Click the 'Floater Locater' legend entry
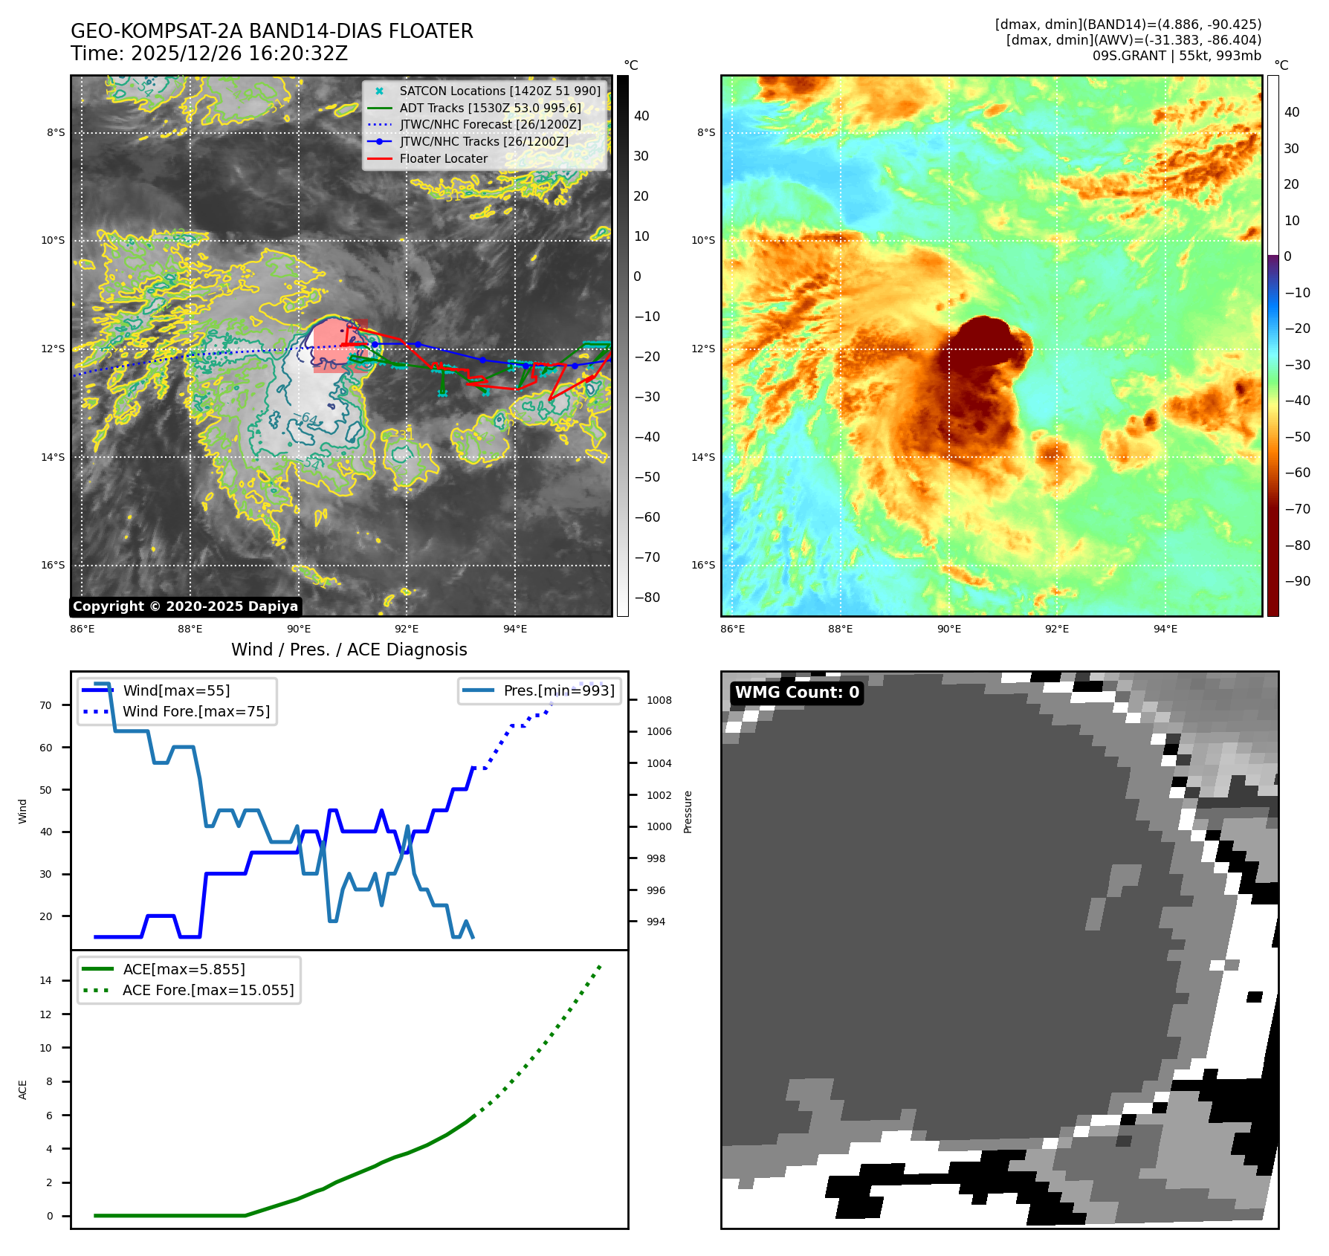click(x=443, y=159)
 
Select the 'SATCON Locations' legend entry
click(x=499, y=91)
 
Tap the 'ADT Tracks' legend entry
click(x=490, y=109)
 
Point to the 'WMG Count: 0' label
click(x=797, y=693)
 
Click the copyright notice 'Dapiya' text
click(x=186, y=606)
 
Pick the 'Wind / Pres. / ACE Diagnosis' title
click(x=349, y=650)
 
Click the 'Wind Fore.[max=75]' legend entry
click(x=196, y=711)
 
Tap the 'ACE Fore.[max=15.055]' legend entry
click(x=208, y=990)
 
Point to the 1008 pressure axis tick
click(x=659, y=700)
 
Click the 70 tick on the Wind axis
click(x=46, y=705)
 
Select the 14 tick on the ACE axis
click(x=46, y=980)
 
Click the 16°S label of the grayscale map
click(x=53, y=566)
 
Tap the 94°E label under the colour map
click(x=1165, y=629)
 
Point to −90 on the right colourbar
click(x=1298, y=581)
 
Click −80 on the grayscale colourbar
click(x=647, y=598)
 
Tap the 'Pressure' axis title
click(x=688, y=812)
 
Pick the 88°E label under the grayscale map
click(x=190, y=629)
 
